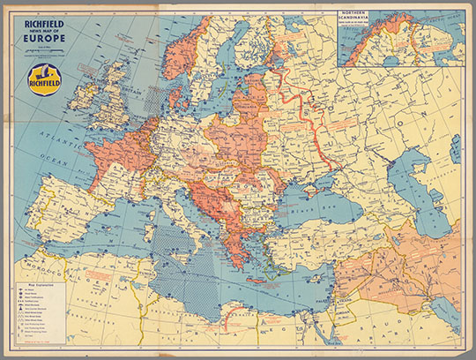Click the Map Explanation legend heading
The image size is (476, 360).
[x=34, y=287]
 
